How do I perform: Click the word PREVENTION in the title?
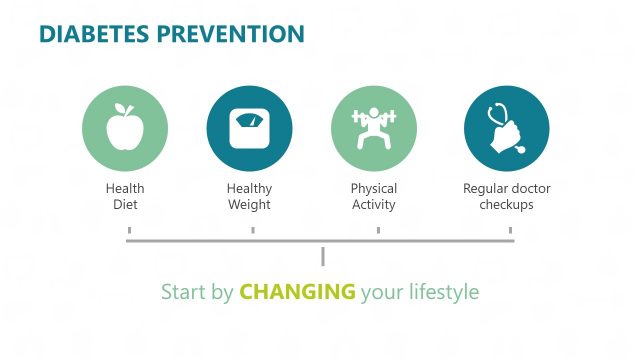232,34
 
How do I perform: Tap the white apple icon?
124,128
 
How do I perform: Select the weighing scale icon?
249,128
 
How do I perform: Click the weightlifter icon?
374,129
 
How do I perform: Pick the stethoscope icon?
506,129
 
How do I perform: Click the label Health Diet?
124,197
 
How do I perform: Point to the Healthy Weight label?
249,197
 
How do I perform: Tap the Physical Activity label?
374,197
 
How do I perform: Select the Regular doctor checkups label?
506,197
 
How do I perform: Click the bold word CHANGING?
298,293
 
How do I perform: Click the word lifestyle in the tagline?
443,293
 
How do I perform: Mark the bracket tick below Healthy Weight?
253,232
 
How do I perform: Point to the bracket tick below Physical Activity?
378,232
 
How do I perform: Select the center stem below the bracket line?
323,256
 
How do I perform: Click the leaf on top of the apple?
127,107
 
